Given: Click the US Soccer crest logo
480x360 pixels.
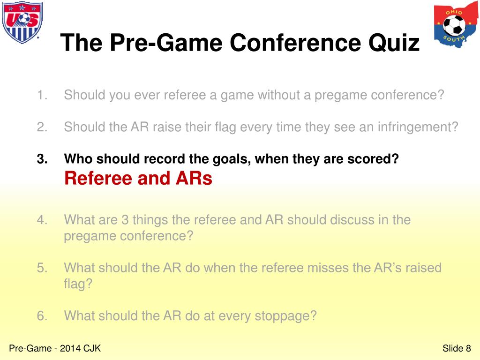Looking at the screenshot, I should pyautogui.click(x=22, y=22).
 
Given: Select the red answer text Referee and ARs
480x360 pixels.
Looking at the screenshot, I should pyautogui.click(x=138, y=179).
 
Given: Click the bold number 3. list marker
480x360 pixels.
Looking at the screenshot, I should pyautogui.click(x=43, y=159).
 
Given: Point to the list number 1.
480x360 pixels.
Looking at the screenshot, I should pyautogui.click(x=43, y=95).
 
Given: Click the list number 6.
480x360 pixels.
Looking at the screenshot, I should pyautogui.click(x=43, y=315).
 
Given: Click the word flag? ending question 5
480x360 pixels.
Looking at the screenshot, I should pyautogui.click(x=78, y=284).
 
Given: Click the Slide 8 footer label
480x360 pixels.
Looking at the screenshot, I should pyautogui.click(x=456, y=348).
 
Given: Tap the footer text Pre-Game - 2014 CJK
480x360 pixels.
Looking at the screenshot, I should pyautogui.click(x=55, y=348).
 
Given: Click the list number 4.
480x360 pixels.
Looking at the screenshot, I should pyautogui.click(x=43, y=219).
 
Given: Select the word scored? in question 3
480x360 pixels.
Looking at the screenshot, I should pyautogui.click(x=374, y=159).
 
